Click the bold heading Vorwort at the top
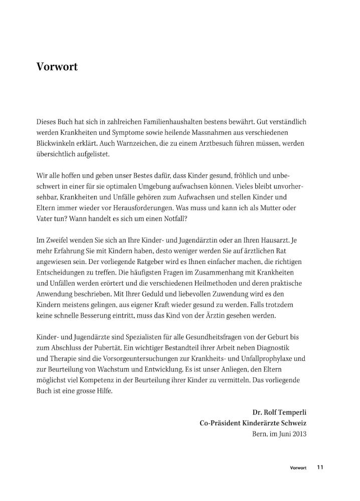pyautogui.click(x=57, y=67)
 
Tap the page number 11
pyautogui.click(x=320, y=467)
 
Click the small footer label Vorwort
pyautogui.click(x=298, y=468)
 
